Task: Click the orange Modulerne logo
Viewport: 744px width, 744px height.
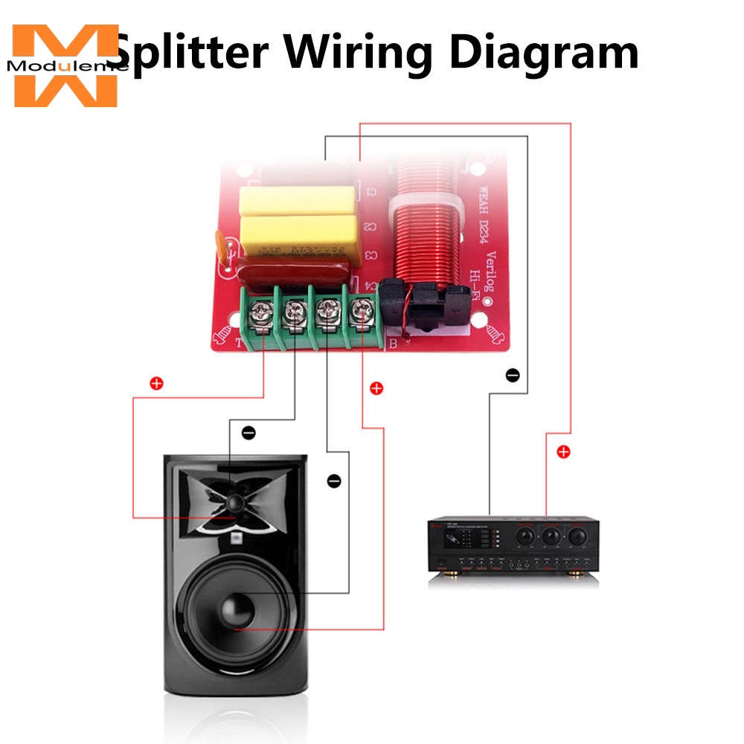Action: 65,65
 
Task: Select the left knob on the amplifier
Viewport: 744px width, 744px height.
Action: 525,534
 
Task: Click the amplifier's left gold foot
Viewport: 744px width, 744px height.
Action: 451,574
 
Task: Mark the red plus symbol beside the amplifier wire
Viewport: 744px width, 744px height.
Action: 563,452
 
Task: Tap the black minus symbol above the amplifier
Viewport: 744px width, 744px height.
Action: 512,375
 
